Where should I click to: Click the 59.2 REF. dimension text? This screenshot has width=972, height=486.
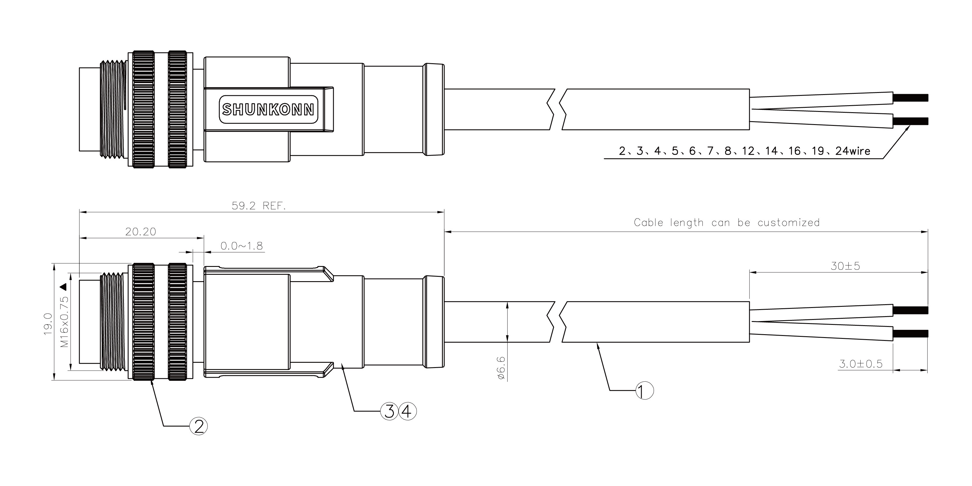pos(259,206)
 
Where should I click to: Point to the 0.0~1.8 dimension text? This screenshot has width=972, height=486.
pos(241,246)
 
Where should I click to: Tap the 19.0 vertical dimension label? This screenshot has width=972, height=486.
pos(48,323)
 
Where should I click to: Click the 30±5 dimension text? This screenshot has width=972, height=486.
pos(845,266)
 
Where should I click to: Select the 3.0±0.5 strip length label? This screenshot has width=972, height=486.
pos(861,364)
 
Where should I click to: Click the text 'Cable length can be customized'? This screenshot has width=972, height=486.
pos(727,222)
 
